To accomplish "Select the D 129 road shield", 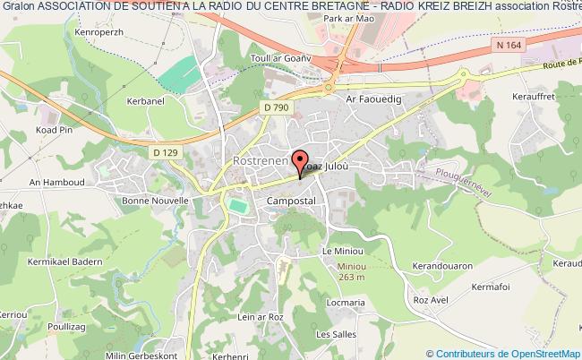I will pyautogui.click(x=164, y=153).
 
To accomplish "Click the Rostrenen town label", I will pyautogui.click(x=259, y=160).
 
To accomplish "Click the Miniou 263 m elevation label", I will pyautogui.click(x=347, y=271).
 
